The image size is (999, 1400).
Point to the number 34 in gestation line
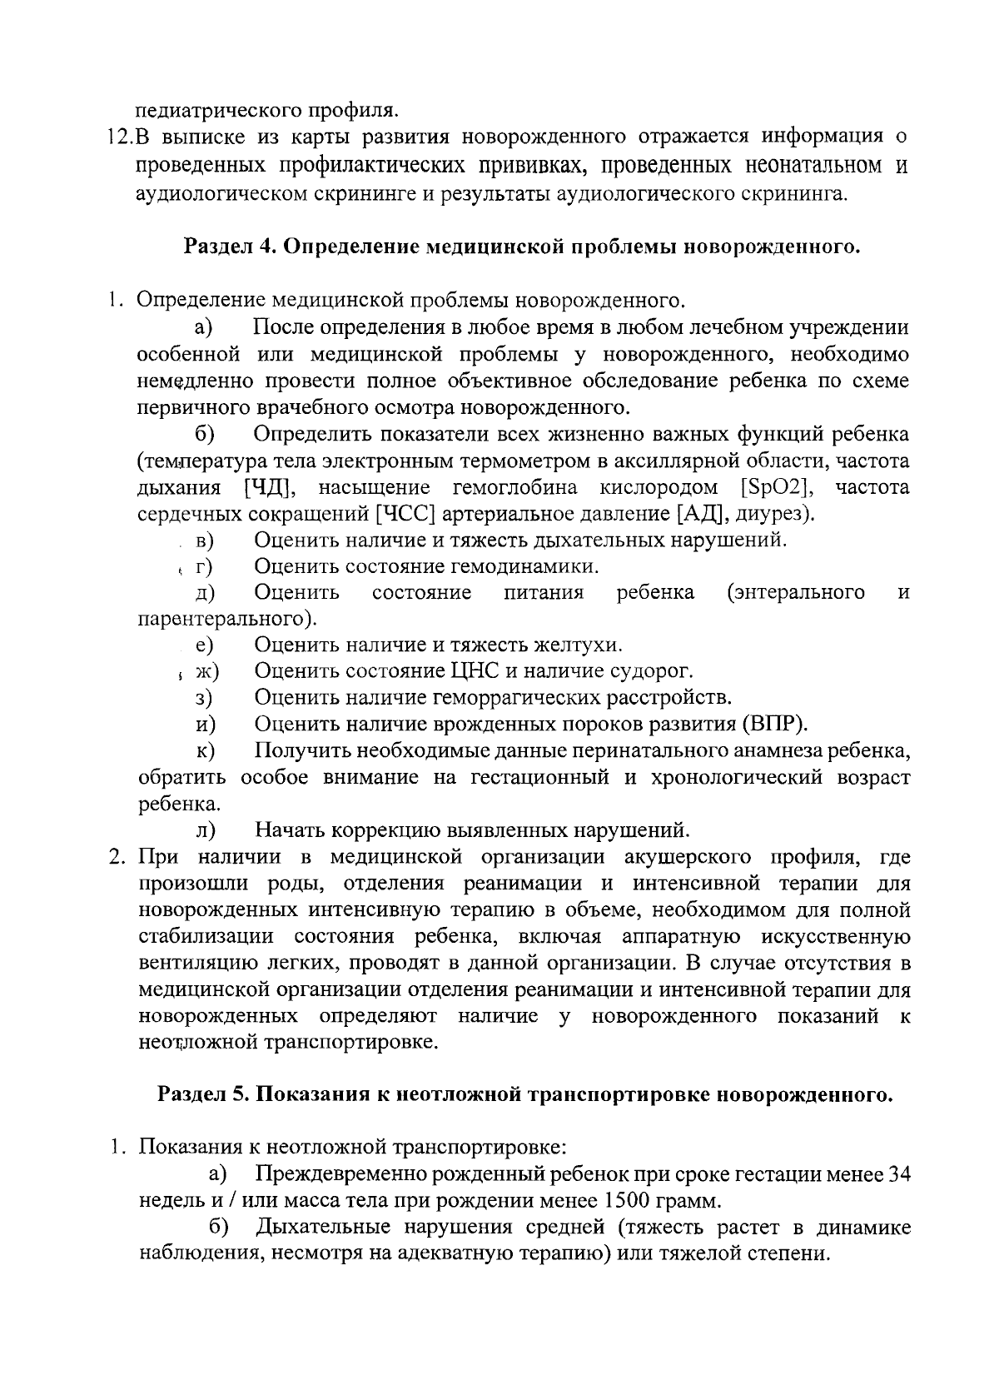tap(899, 1174)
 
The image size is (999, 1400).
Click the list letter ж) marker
tap(206, 670)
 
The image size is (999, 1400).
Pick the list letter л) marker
tap(206, 830)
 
